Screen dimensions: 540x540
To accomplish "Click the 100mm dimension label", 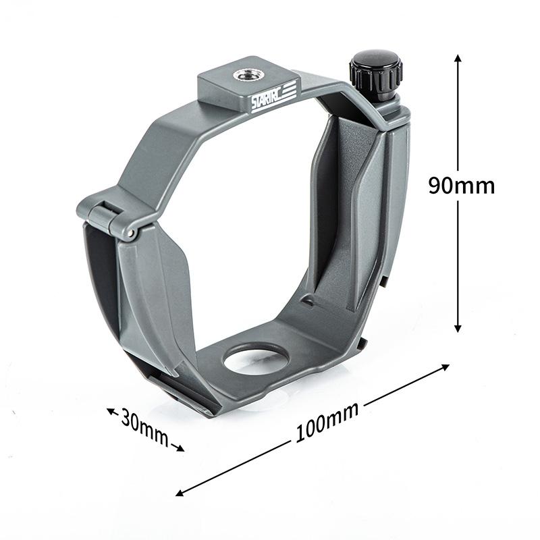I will tap(326, 423).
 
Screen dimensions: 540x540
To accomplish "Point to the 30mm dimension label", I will tap(144, 427).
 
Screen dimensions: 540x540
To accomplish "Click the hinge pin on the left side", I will tap(128, 233).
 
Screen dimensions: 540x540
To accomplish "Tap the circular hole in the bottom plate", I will tap(256, 358).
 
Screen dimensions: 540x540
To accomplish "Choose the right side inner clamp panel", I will tap(351, 202).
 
